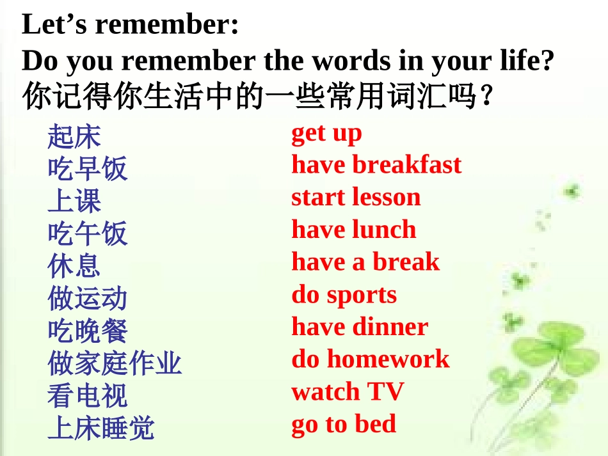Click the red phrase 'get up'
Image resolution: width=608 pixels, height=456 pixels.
(326, 134)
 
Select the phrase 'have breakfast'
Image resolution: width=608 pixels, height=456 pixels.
(376, 165)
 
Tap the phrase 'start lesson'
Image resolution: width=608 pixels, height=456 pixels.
(356, 197)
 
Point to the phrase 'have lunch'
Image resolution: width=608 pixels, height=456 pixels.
(353, 230)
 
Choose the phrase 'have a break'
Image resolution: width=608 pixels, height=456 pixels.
(365, 262)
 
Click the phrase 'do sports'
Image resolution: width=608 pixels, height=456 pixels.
(344, 295)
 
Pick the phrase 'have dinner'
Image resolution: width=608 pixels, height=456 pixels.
(360, 327)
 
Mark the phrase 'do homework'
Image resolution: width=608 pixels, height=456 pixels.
(370, 359)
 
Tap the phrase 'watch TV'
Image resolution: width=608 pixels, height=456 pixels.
(348, 392)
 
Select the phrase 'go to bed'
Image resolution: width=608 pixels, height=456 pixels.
(344, 425)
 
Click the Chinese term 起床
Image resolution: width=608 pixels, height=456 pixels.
(74, 136)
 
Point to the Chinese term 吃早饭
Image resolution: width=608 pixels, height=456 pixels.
(87, 169)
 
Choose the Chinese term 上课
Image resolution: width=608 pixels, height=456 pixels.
(74, 201)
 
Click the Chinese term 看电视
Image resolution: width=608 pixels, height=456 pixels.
(87, 396)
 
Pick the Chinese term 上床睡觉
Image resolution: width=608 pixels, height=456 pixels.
(100, 428)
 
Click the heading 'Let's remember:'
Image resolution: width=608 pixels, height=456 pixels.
(131, 25)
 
